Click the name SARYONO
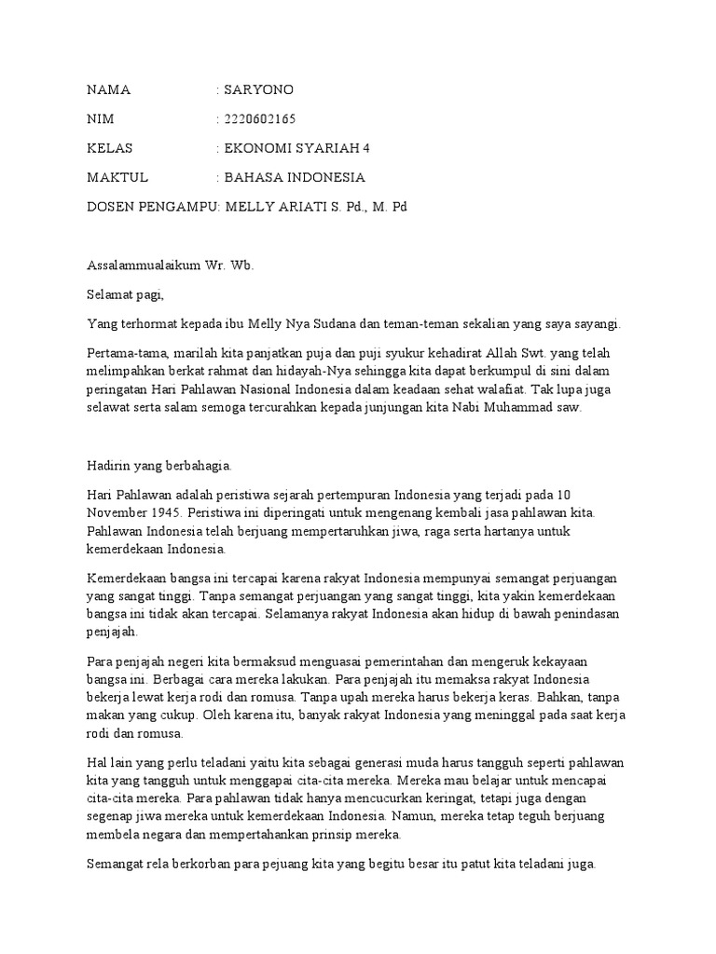(x=258, y=90)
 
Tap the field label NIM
(x=100, y=119)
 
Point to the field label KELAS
(x=109, y=148)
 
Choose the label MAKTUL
(x=117, y=177)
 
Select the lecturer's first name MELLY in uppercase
(x=246, y=206)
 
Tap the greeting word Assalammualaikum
(x=142, y=266)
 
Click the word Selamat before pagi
(x=110, y=294)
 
